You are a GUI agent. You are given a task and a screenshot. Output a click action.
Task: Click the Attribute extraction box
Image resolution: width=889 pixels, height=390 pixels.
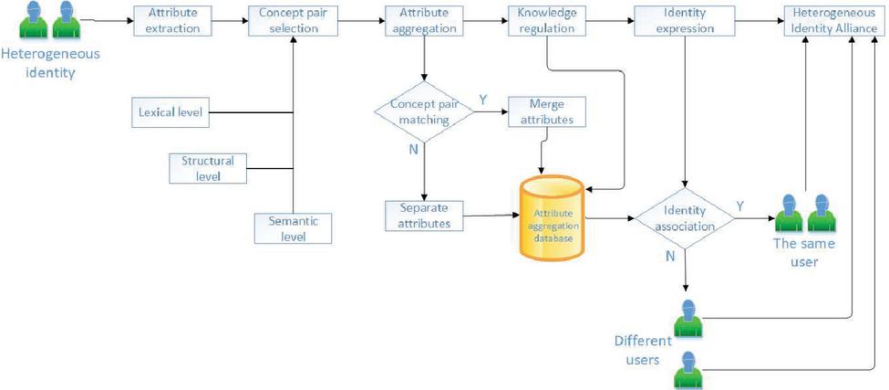(173, 21)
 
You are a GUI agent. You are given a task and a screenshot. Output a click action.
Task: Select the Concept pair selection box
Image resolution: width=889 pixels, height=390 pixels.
(288, 21)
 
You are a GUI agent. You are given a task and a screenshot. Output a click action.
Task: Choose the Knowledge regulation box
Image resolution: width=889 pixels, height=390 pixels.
(545, 21)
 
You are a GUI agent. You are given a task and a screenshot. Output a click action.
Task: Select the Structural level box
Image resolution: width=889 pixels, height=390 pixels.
(208, 168)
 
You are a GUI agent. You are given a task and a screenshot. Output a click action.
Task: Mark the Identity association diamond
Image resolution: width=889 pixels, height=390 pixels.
(684, 218)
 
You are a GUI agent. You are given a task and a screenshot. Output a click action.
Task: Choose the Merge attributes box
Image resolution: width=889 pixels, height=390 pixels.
(545, 112)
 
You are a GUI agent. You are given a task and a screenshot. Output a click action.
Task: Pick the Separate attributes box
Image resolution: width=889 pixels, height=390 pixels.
(424, 216)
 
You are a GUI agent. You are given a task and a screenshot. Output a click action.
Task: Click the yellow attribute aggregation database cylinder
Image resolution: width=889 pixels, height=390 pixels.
(552, 218)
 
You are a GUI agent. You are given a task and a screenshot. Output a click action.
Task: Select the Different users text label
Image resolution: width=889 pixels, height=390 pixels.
(642, 349)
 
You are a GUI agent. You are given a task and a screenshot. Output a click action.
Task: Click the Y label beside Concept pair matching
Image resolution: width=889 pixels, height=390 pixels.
(483, 98)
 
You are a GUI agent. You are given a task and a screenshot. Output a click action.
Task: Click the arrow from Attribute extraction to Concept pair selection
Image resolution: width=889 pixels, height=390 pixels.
(232, 20)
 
